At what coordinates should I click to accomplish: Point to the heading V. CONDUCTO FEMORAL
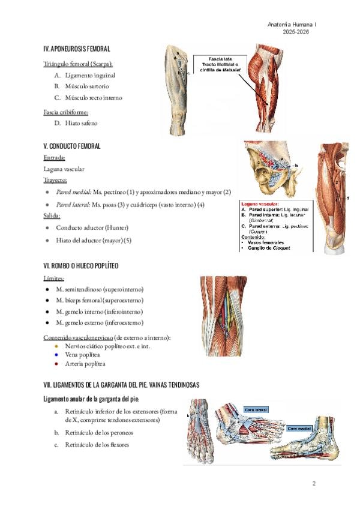click(72, 146)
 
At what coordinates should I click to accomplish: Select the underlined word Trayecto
click(55, 180)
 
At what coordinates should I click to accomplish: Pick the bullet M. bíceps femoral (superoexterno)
click(100, 300)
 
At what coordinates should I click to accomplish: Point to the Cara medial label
click(298, 428)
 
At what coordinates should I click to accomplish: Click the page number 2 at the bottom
click(313, 483)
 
